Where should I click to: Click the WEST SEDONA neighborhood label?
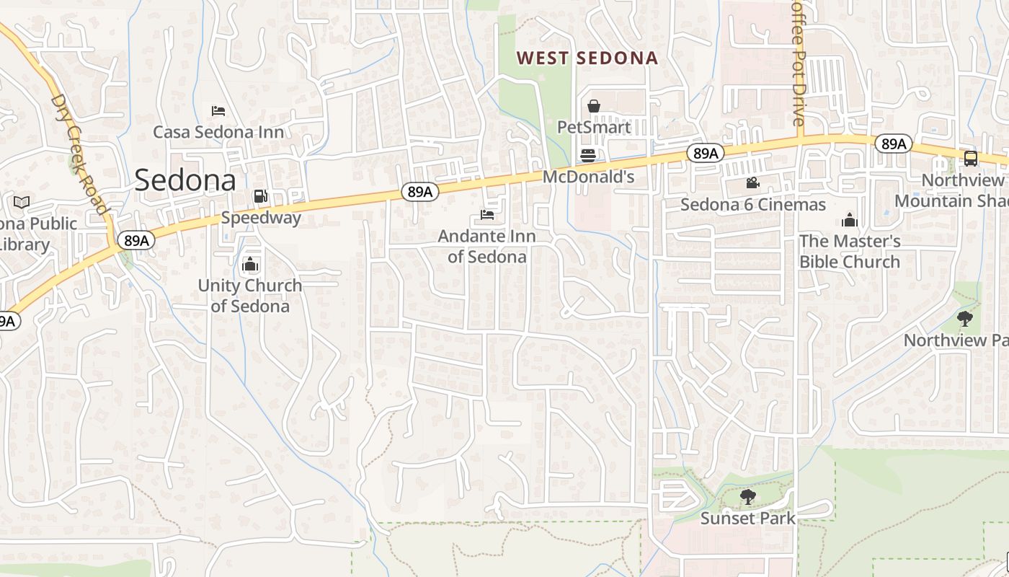pyautogui.click(x=587, y=58)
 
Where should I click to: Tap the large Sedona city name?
pyautogui.click(x=185, y=180)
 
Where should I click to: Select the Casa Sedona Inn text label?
pyautogui.click(x=218, y=132)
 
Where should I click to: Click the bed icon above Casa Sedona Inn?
pyautogui.click(x=218, y=110)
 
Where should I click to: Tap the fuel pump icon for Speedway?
pyautogui.click(x=260, y=195)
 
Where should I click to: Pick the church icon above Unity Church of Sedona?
pyautogui.click(x=250, y=264)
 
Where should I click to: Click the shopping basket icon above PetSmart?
pyautogui.click(x=594, y=107)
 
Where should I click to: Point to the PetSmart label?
pyautogui.click(x=594, y=128)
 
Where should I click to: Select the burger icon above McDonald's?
pyautogui.click(x=588, y=155)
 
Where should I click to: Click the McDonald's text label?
pyautogui.click(x=588, y=177)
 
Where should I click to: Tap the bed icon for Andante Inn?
pyautogui.click(x=487, y=215)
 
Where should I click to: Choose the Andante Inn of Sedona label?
pyautogui.click(x=487, y=246)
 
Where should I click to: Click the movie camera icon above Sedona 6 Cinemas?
pyautogui.click(x=753, y=183)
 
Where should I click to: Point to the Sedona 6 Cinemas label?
pyautogui.click(x=753, y=205)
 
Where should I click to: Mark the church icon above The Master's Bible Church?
pyautogui.click(x=850, y=220)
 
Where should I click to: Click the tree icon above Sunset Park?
pyautogui.click(x=748, y=496)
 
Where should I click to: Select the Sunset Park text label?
pyautogui.click(x=748, y=518)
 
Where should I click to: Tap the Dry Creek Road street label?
pyautogui.click(x=80, y=154)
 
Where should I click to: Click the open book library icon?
pyautogui.click(x=22, y=202)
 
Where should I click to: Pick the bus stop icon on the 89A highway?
pyautogui.click(x=971, y=159)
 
